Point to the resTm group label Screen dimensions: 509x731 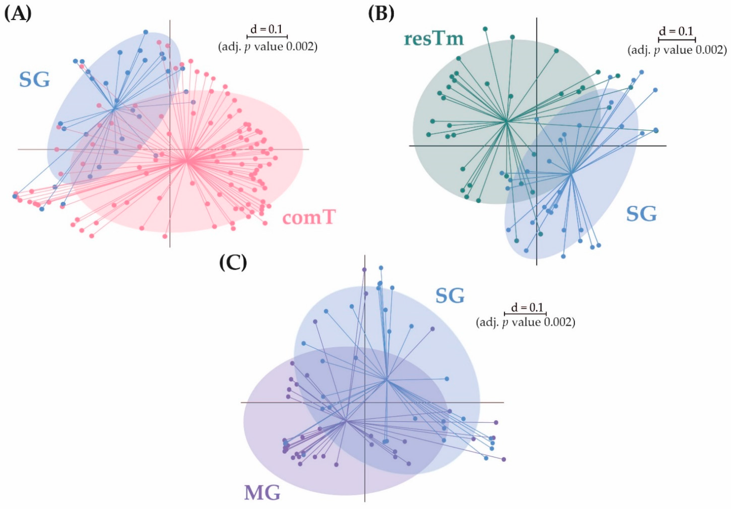tap(434, 39)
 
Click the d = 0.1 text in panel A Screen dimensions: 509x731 tap(267, 30)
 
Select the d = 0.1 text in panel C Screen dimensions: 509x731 tap(526, 308)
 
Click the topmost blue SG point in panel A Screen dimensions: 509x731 tap(145, 32)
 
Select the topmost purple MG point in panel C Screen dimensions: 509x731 tap(364, 270)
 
